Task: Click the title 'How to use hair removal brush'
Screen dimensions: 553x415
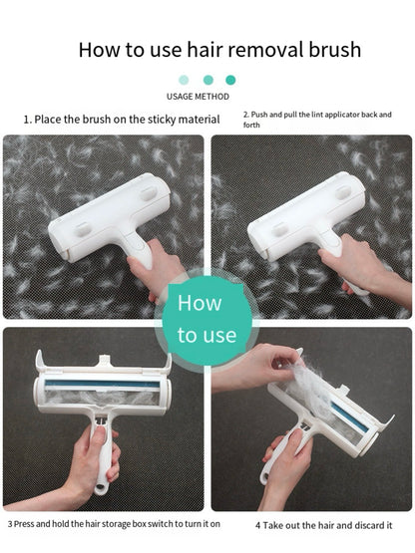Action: click(x=219, y=49)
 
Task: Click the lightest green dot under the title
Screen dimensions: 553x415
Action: click(x=184, y=80)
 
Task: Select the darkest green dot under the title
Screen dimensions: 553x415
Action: click(x=231, y=80)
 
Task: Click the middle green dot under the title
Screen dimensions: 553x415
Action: click(x=207, y=80)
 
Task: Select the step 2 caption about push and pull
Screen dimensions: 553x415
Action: click(x=317, y=120)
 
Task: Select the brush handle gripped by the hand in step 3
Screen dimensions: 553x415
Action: click(x=103, y=458)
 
